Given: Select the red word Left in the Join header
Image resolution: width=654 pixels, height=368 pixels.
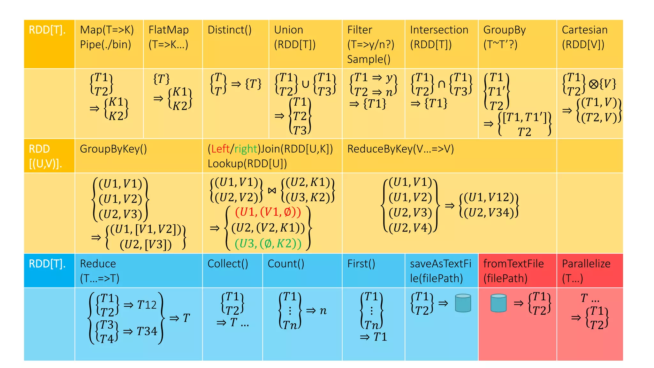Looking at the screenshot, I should click(220, 149).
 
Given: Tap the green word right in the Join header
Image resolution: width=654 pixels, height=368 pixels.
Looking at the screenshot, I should click(246, 149).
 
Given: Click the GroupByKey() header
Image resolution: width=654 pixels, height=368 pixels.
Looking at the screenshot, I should click(113, 149).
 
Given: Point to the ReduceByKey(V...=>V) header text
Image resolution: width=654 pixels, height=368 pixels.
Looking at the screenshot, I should click(400, 149).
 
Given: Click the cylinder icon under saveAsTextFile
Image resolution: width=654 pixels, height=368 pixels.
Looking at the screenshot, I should click(463, 303).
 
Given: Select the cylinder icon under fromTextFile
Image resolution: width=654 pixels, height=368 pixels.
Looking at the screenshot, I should click(498, 303).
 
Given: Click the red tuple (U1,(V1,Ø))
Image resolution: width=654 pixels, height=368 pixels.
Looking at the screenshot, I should click(268, 212).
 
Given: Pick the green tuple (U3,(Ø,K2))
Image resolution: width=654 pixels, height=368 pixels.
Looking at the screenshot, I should click(268, 244).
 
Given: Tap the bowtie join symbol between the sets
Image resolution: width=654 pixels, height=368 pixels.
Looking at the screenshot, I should click(272, 191).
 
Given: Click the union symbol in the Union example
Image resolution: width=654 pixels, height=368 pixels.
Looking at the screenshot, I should click(305, 84).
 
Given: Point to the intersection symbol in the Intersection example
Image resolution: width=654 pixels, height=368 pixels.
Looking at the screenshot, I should click(441, 84).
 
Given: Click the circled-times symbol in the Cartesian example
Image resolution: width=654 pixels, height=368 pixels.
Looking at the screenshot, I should click(593, 84).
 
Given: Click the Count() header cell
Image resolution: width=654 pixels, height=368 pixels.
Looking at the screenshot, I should click(286, 264).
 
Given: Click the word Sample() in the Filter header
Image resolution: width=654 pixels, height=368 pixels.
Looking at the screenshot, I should click(369, 59).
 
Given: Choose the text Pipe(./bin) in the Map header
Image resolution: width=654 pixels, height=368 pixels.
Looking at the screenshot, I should click(105, 44).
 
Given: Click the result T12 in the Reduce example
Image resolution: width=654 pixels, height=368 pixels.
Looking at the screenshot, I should click(147, 305).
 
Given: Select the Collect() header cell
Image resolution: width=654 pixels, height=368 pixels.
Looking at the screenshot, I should click(228, 264).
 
